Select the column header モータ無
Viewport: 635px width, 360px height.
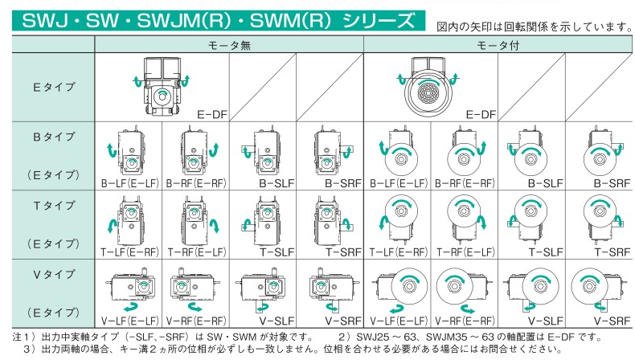coord(229,46)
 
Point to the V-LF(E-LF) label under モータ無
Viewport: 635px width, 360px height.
coord(130,320)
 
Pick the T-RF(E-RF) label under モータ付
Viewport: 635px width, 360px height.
coord(465,251)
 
